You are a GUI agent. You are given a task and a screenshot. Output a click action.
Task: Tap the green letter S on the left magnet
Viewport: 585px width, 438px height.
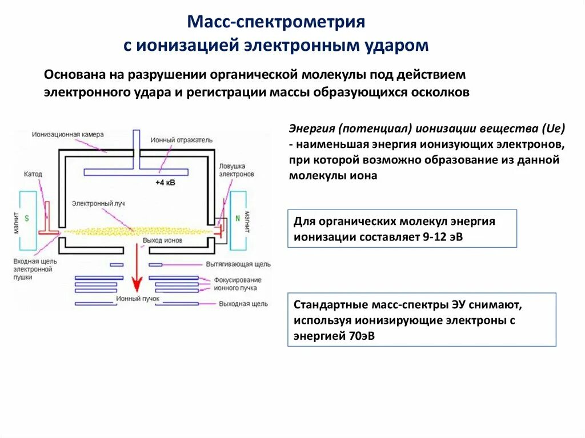(x=26, y=219)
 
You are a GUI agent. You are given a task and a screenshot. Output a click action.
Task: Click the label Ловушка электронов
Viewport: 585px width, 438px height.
(x=236, y=170)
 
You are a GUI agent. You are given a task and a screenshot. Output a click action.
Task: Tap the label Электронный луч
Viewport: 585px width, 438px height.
(x=95, y=203)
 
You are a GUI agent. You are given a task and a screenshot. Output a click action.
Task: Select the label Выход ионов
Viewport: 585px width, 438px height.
(x=162, y=240)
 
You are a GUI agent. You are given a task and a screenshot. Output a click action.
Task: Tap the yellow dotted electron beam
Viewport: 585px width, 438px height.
(x=137, y=231)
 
